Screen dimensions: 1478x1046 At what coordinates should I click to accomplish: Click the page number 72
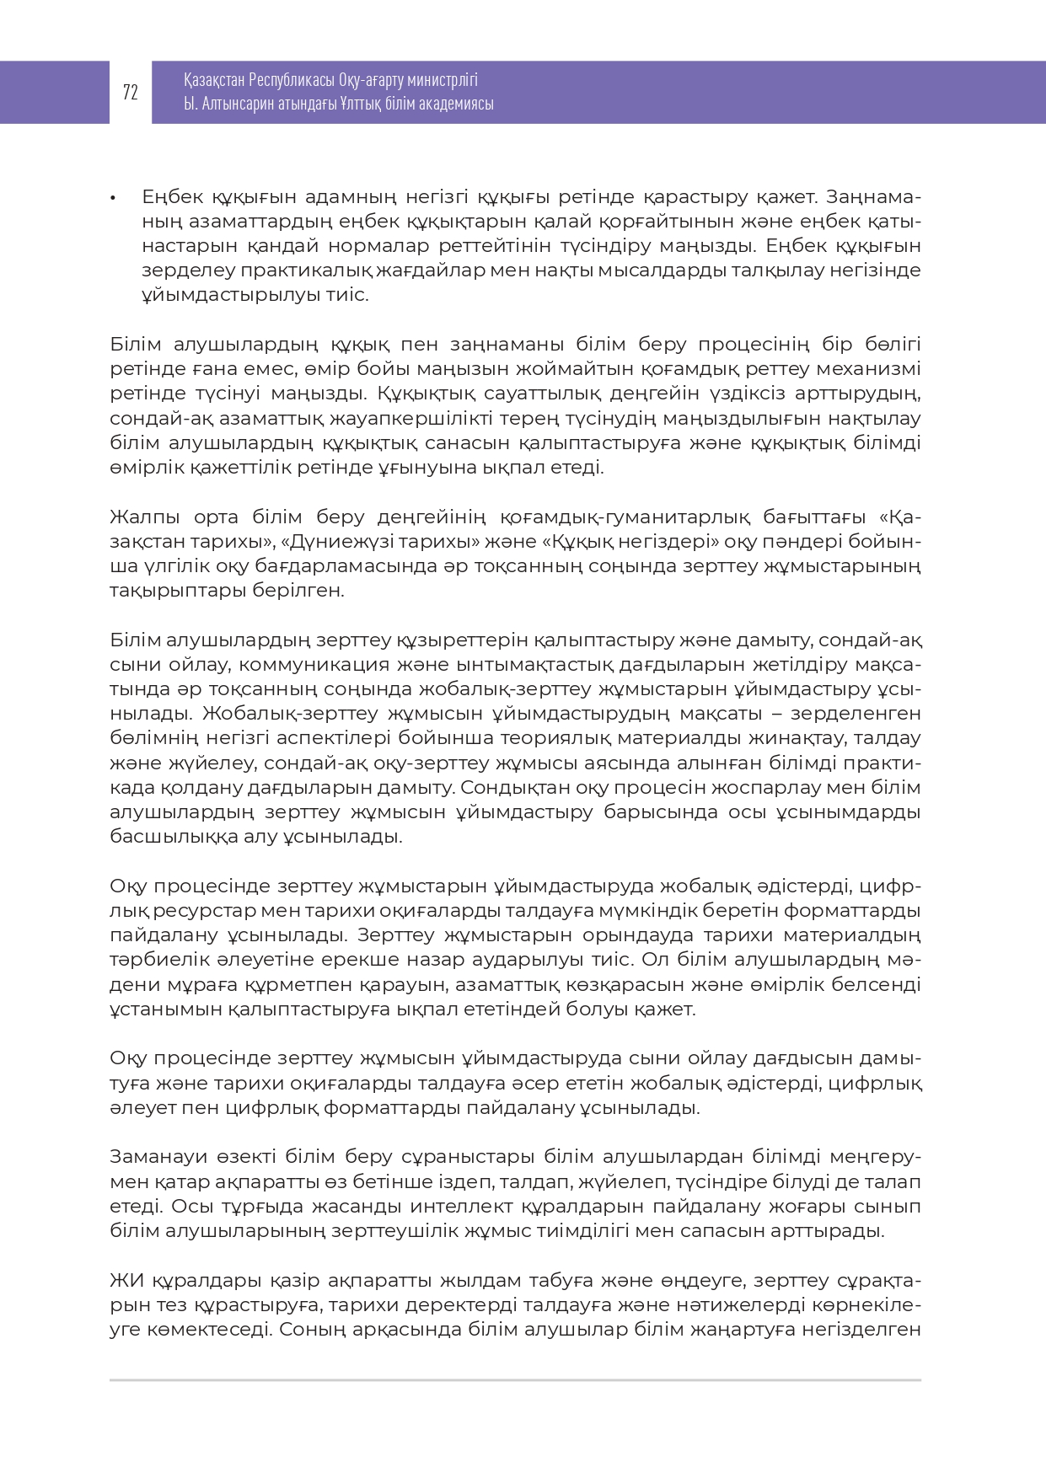tap(130, 93)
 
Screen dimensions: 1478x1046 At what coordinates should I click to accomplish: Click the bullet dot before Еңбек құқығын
tap(112, 198)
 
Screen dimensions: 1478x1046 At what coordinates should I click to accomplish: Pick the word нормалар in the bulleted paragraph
tap(385, 246)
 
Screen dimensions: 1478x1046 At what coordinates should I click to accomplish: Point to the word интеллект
tap(475, 1207)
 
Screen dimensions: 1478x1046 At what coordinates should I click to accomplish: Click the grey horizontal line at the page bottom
tap(515, 1380)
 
